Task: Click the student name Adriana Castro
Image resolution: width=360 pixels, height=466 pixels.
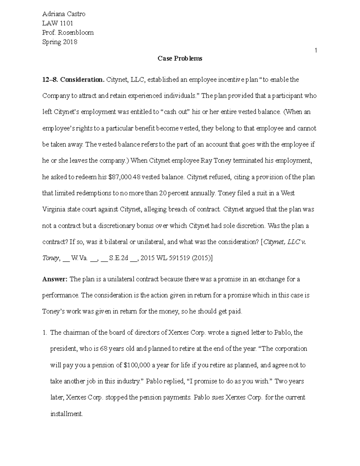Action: coord(64,14)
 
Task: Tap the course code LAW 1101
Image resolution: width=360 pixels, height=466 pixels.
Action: coord(58,23)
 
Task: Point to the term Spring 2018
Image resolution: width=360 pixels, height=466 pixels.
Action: coord(60,42)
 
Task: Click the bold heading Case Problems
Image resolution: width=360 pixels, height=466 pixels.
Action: coord(180,59)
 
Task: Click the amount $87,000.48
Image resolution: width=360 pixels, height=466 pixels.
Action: coord(124,177)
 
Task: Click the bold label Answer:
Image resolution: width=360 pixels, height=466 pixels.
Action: coord(55,279)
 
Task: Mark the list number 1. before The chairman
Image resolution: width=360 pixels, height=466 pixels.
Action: coord(44,333)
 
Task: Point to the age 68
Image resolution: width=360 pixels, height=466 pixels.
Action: coord(104,349)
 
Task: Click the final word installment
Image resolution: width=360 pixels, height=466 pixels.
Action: coord(66,414)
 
